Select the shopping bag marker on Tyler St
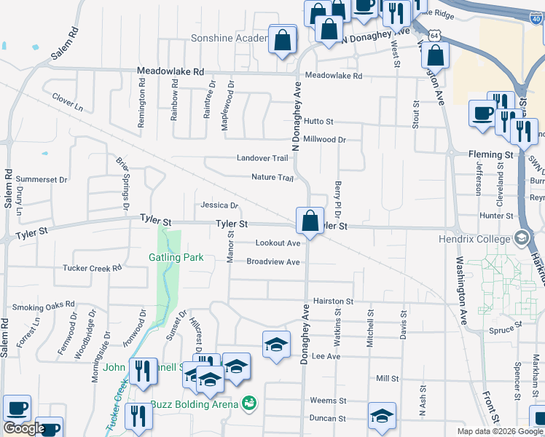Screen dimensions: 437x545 point(310,220)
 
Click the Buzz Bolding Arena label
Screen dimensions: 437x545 point(196,404)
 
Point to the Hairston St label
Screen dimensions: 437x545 point(333,301)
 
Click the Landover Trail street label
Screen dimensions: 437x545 point(262,158)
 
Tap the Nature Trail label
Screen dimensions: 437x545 point(272,177)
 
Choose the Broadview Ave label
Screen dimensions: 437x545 point(273,262)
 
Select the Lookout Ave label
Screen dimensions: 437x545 point(278,243)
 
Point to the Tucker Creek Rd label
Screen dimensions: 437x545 point(92,268)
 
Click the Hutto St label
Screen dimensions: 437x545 point(319,122)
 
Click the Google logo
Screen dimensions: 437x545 point(24,428)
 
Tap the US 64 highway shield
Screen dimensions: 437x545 point(435,35)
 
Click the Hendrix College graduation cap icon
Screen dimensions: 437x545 point(521,238)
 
